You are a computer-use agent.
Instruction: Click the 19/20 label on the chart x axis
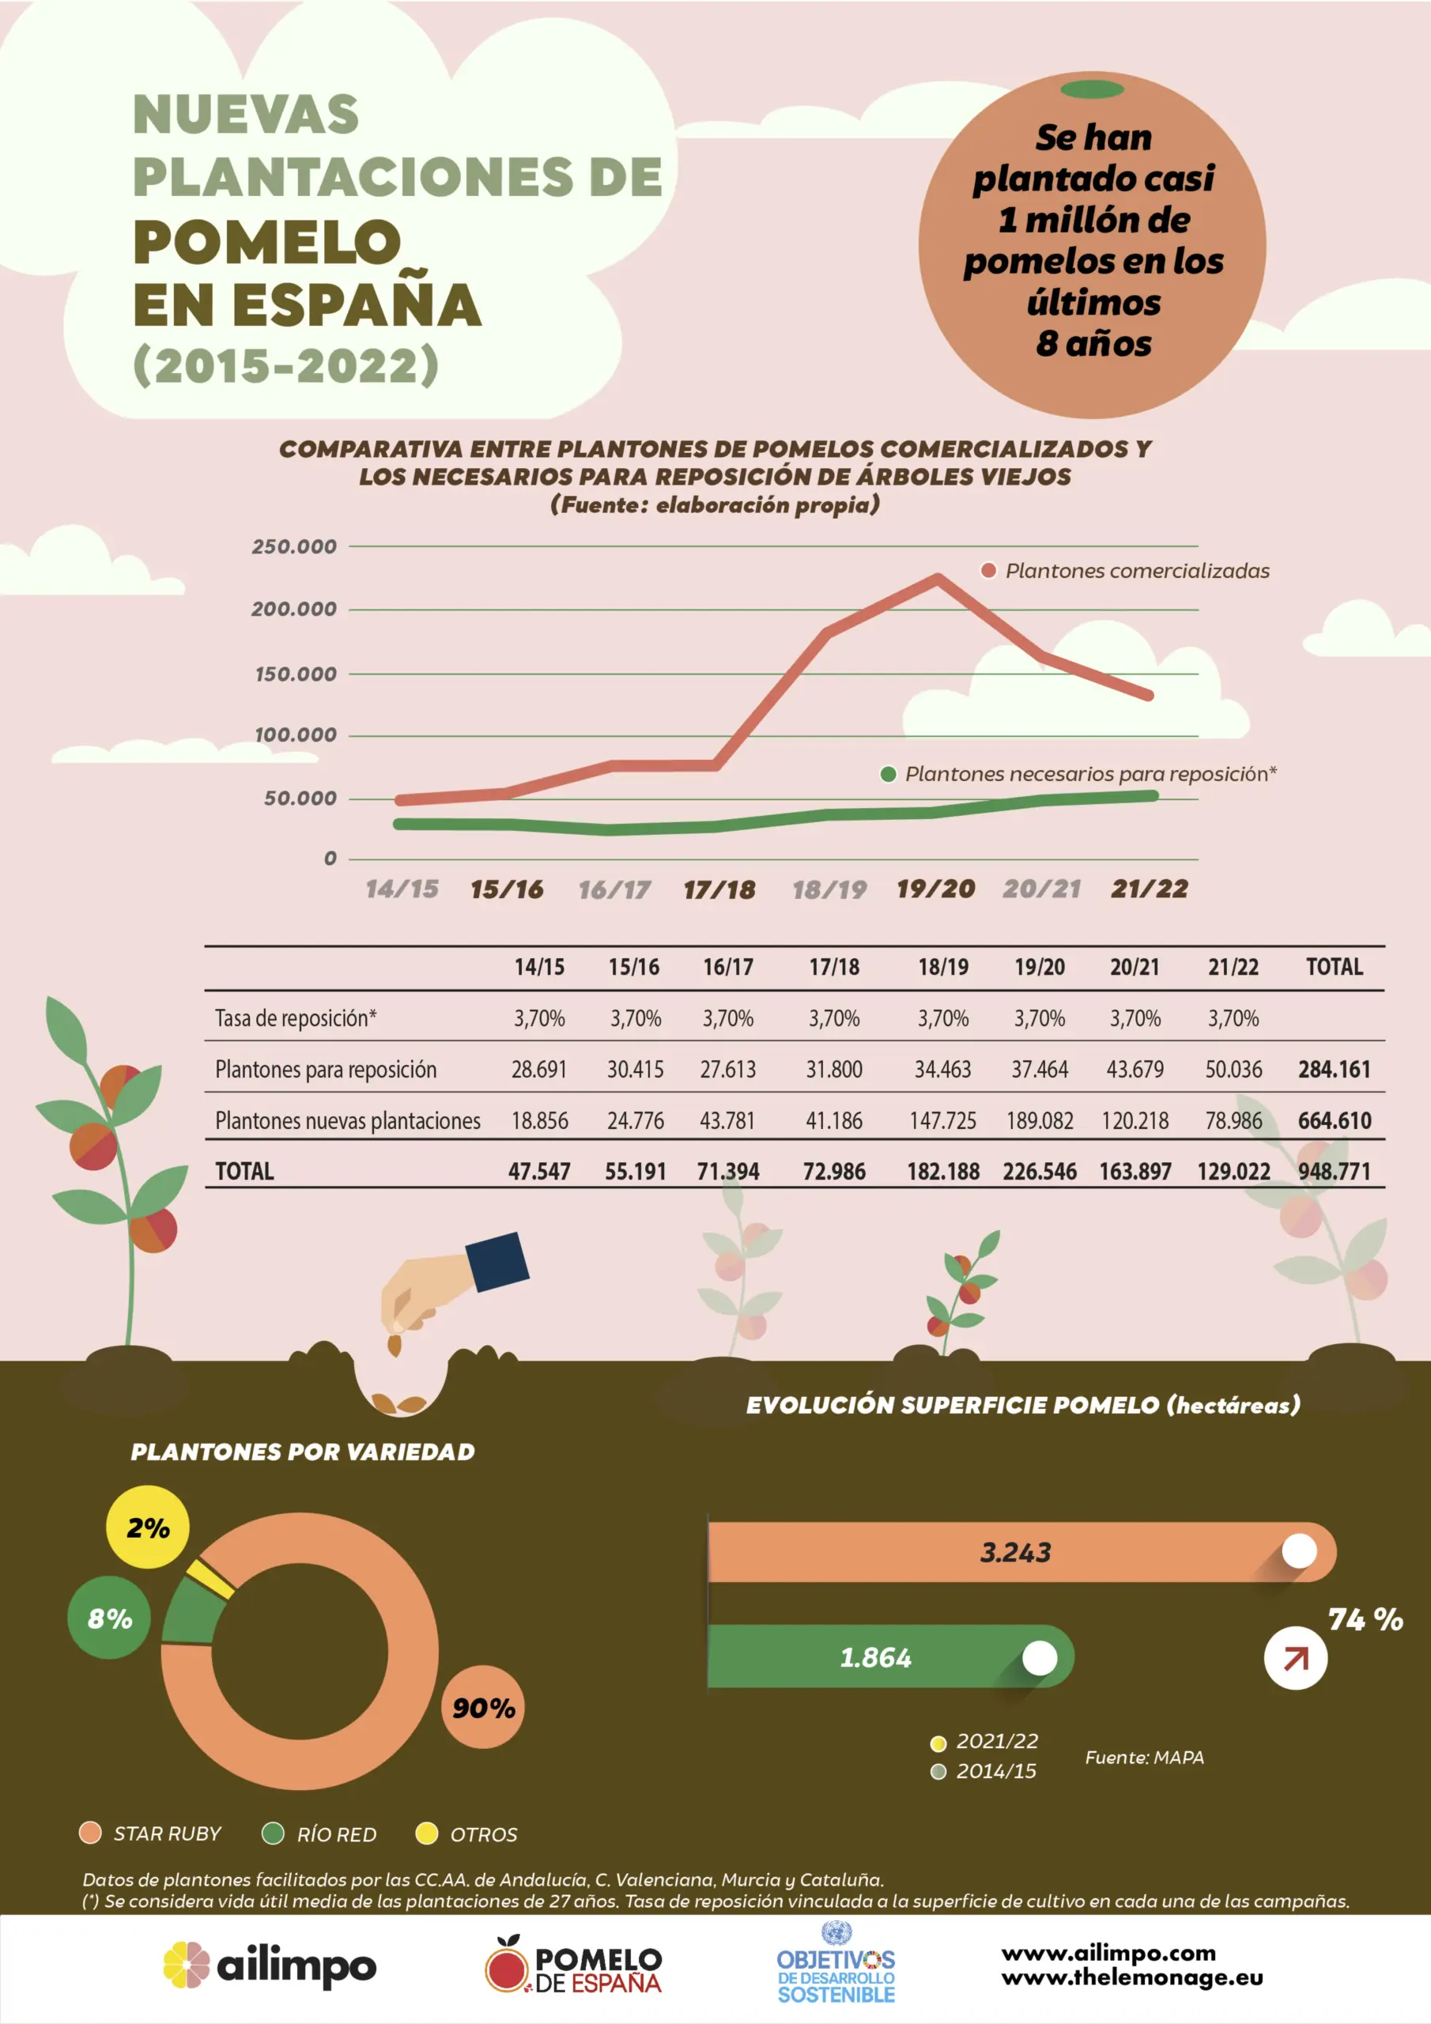click(x=935, y=889)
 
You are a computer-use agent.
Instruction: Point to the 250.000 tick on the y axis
click(x=294, y=546)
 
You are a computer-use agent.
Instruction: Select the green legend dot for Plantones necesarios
click(x=889, y=774)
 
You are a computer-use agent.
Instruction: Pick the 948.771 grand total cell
click(x=1334, y=1172)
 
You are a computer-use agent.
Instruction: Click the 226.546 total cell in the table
click(x=1040, y=1172)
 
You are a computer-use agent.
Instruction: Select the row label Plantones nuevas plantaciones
click(x=347, y=1120)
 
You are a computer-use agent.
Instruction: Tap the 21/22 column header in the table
click(x=1233, y=967)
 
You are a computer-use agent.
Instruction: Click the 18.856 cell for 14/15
click(x=540, y=1120)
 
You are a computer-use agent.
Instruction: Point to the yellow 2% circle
click(x=147, y=1527)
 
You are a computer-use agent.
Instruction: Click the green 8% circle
click(x=109, y=1618)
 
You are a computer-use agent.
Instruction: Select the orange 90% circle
click(x=483, y=1708)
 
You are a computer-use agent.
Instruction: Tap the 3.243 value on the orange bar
click(x=1016, y=1552)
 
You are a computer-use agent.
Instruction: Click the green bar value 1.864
click(x=875, y=1658)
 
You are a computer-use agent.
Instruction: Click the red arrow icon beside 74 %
click(x=1295, y=1659)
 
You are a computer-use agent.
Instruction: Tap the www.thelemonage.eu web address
click(x=1132, y=1978)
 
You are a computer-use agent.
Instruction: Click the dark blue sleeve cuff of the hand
click(x=496, y=1262)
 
